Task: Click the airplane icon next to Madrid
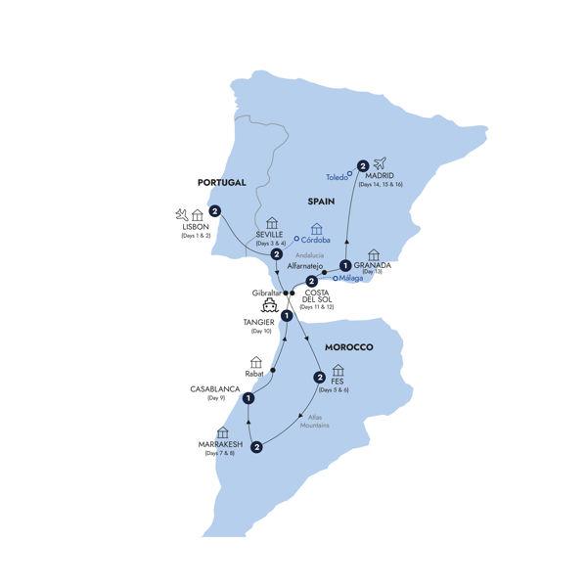[x=381, y=162]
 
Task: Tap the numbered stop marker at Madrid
[x=362, y=165]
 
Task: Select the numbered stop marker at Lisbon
[x=214, y=210]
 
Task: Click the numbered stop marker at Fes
[x=319, y=379]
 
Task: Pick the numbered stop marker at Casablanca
[x=250, y=398]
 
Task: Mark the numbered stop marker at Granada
[x=345, y=264]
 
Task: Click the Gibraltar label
[x=266, y=293]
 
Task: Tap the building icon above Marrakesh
[x=222, y=431]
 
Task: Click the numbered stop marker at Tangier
[x=287, y=316]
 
